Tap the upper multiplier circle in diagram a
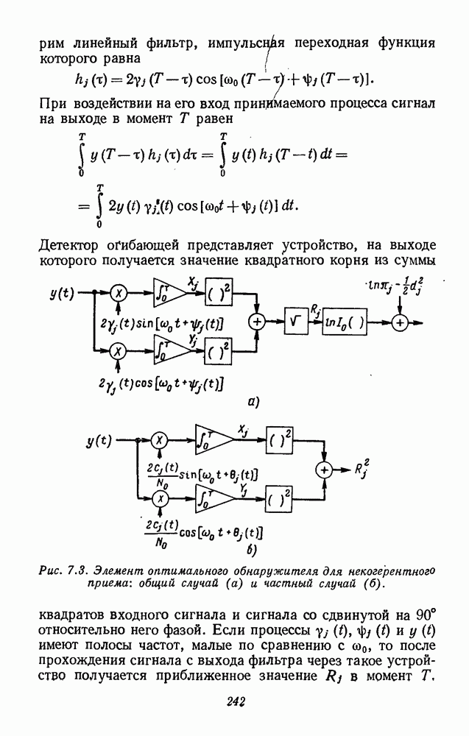[x=119, y=293]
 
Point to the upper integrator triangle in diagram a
[x=167, y=293]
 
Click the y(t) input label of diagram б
[x=99, y=441]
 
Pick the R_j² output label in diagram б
[x=360, y=468]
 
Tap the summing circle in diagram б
[x=322, y=469]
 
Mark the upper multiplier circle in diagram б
[x=159, y=441]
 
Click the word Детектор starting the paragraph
[x=71, y=244]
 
